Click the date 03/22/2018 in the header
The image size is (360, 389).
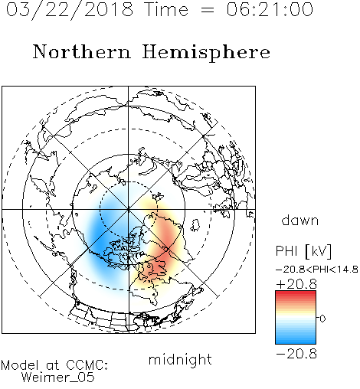(70, 9)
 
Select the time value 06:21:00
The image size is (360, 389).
(270, 9)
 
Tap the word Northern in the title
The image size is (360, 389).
(82, 51)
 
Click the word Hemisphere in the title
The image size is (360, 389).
(206, 53)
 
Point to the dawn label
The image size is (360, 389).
(300, 220)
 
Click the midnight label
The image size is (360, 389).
(180, 359)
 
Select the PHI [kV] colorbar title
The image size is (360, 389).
(303, 251)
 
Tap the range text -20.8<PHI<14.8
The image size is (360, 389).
(317, 270)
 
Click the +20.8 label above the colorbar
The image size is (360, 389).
(296, 284)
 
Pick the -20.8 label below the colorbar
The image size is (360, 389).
(296, 354)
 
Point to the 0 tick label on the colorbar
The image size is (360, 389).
(322, 319)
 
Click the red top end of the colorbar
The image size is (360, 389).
(296, 293)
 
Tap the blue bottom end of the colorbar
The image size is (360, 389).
(296, 342)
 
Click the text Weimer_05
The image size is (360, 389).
(58, 377)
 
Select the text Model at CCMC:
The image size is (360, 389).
(54, 365)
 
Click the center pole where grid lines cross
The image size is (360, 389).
(129, 210)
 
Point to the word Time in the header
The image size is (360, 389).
(166, 9)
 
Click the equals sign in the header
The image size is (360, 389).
(208, 10)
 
